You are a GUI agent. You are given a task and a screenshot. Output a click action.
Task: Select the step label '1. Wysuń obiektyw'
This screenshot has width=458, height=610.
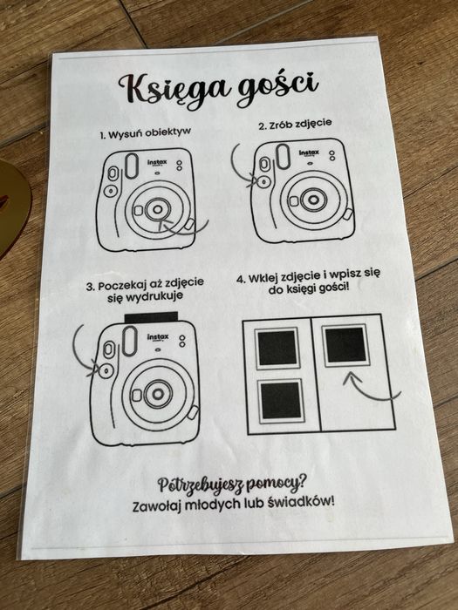click(x=145, y=133)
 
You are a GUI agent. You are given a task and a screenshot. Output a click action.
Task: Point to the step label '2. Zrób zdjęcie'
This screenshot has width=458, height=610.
click(x=295, y=124)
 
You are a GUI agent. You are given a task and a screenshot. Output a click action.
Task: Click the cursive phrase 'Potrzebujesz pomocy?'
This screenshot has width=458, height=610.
click(x=231, y=483)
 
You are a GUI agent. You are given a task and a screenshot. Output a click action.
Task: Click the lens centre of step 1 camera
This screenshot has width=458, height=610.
click(x=157, y=210)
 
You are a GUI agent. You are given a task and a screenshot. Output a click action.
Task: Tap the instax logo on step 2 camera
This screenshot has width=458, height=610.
click(x=309, y=152)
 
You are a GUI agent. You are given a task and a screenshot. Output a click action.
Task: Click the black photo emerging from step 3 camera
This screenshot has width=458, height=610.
click(x=151, y=317)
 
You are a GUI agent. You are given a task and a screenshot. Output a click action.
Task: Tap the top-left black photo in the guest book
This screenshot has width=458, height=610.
click(x=277, y=349)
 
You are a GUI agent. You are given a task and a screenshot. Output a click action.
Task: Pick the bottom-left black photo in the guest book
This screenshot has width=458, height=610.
click(x=281, y=400)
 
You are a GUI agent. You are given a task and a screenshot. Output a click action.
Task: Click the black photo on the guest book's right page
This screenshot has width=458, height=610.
click(x=345, y=345)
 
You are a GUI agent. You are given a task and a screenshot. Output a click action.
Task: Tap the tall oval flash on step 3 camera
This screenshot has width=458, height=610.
click(x=129, y=341)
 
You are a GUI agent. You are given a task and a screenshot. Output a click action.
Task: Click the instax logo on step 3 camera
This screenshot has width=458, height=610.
click(x=158, y=337)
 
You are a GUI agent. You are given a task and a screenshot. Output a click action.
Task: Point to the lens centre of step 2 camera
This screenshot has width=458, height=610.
click(x=312, y=200)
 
